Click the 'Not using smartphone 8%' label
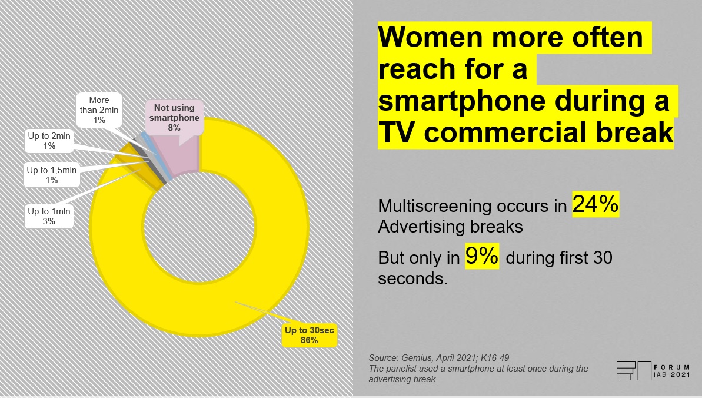174,117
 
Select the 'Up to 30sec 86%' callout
310,335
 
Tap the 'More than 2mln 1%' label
99,110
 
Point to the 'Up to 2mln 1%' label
49,141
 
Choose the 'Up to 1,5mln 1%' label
51,175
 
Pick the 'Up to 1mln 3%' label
49,216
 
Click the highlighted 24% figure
595,204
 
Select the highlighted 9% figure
482,256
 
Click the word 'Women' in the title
430,37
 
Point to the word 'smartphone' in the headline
461,102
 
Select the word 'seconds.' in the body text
412,279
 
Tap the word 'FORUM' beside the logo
672,367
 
